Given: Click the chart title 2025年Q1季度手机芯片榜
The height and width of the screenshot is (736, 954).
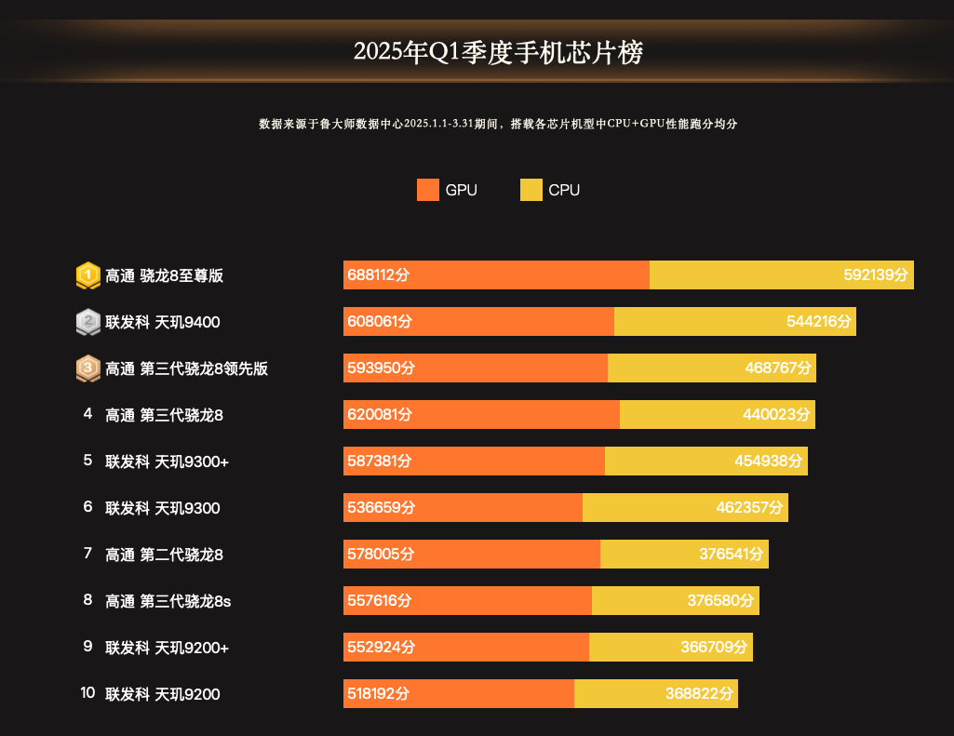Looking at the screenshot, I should (498, 52).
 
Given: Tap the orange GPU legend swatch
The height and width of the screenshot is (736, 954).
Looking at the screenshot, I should (428, 190).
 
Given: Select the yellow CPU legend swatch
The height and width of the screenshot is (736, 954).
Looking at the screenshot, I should (531, 190).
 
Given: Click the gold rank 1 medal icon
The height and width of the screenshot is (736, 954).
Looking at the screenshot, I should (87, 275).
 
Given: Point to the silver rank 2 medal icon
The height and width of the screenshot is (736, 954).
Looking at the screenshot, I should (87, 322).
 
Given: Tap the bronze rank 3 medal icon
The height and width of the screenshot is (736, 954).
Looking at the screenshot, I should (87, 368).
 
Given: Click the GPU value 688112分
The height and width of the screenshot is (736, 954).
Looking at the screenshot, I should (379, 275).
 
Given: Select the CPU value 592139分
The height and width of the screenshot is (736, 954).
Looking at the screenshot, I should (875, 275).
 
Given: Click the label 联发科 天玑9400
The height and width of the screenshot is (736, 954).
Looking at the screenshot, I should (163, 322).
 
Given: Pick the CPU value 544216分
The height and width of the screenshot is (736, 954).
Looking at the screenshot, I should (818, 322).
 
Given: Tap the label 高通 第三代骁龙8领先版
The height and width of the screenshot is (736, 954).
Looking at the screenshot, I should (187, 368).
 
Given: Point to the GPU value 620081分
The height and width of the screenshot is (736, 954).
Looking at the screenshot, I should (379, 415).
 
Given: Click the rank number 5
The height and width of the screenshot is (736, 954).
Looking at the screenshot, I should (87, 461).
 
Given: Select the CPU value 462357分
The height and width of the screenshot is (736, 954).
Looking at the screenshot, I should (750, 508).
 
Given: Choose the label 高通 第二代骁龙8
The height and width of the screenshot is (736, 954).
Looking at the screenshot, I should (164, 555).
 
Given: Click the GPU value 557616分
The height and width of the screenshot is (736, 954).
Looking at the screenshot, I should (379, 601).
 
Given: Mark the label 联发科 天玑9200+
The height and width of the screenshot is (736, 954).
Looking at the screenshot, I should (168, 648).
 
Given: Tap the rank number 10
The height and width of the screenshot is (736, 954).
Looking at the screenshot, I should (87, 693).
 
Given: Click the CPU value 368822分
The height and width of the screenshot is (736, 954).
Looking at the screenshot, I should (699, 694).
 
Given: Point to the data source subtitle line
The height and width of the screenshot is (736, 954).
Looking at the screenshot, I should (498, 124).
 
